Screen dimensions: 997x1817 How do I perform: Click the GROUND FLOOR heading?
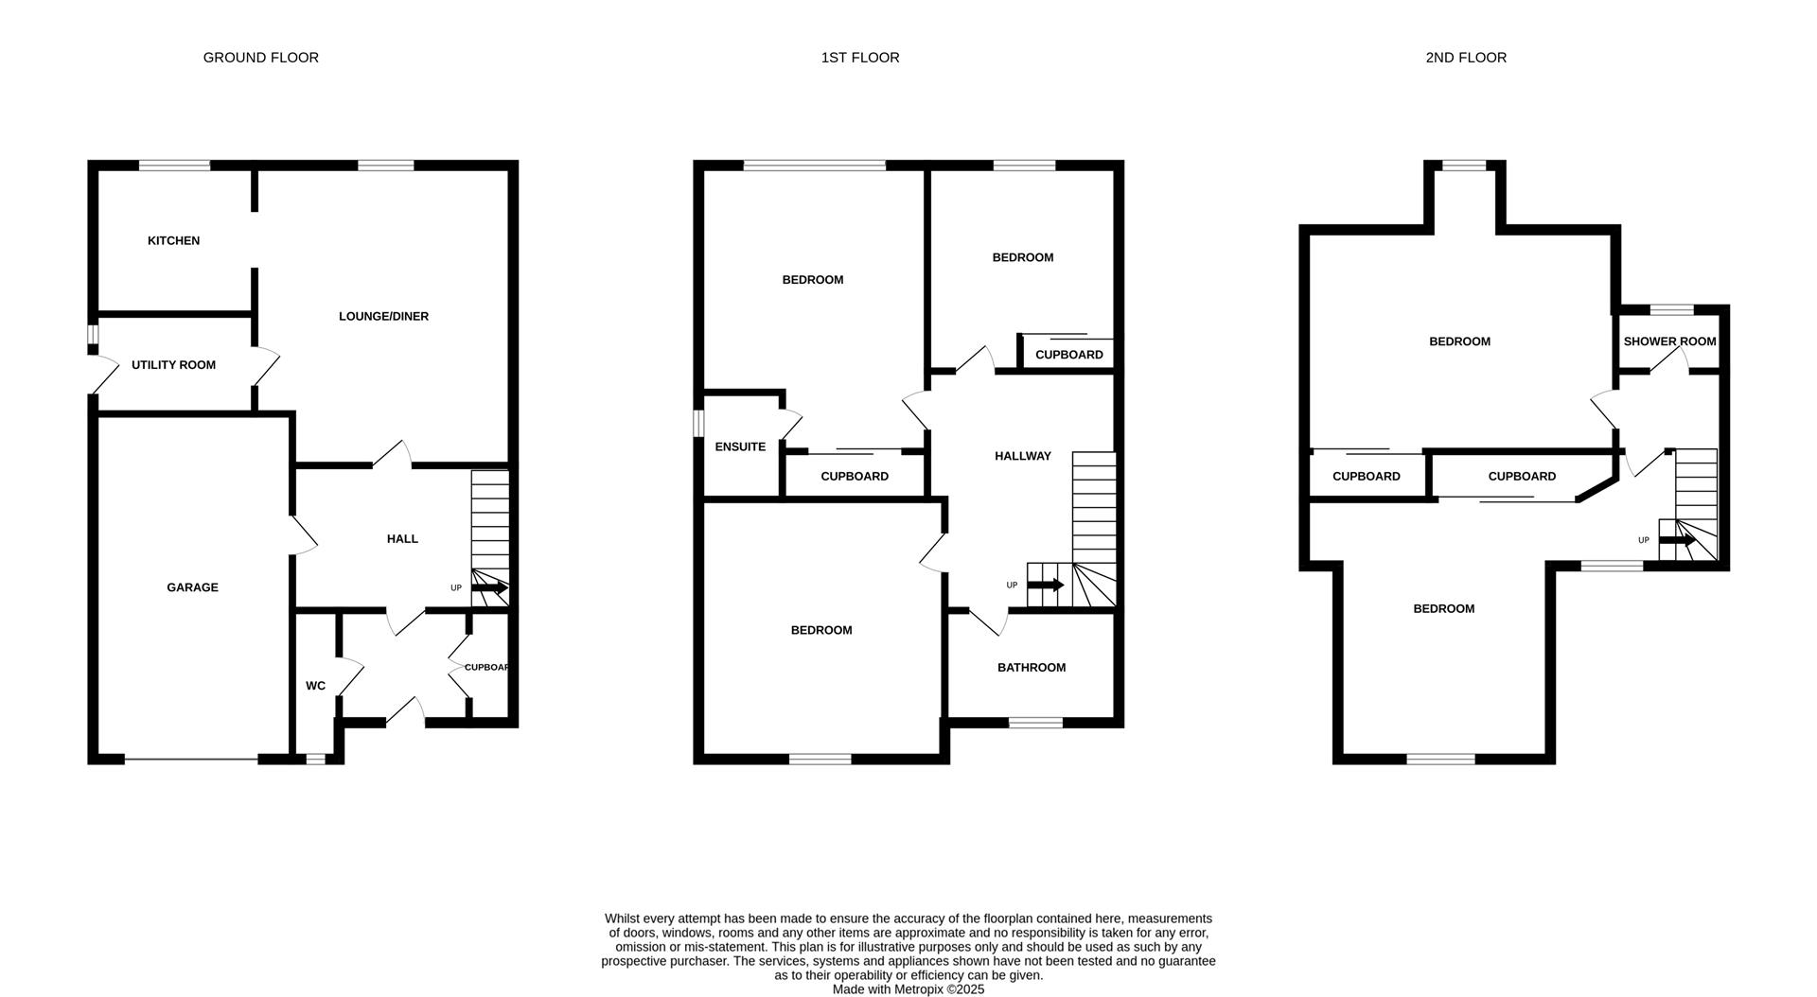[260, 58]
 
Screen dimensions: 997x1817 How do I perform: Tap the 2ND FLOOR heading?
[1466, 58]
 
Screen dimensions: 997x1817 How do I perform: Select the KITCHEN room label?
[173, 241]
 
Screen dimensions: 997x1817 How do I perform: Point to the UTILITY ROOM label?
[173, 365]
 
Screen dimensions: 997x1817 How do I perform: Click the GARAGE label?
[192, 587]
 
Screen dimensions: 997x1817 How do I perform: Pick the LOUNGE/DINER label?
[383, 317]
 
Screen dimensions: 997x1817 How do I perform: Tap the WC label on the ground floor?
[315, 686]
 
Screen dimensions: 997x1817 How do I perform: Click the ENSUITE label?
[740, 447]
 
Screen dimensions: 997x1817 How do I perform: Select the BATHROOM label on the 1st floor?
[1031, 668]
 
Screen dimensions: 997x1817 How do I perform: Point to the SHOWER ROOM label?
[1669, 341]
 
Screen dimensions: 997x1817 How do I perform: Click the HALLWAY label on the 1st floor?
[1022, 457]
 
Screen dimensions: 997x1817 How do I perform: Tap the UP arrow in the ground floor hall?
[489, 588]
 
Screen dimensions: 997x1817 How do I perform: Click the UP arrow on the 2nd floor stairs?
[1676, 540]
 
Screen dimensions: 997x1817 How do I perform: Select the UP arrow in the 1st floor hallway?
[1045, 586]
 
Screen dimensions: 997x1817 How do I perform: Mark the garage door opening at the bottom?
[191, 759]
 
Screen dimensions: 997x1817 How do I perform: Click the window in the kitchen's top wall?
[174, 166]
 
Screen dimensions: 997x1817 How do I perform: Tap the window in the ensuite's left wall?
[698, 423]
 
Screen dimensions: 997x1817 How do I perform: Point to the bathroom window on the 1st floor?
[1035, 723]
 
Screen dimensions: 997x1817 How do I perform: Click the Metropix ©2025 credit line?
[908, 989]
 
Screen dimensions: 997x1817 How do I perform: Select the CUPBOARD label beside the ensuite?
[854, 477]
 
